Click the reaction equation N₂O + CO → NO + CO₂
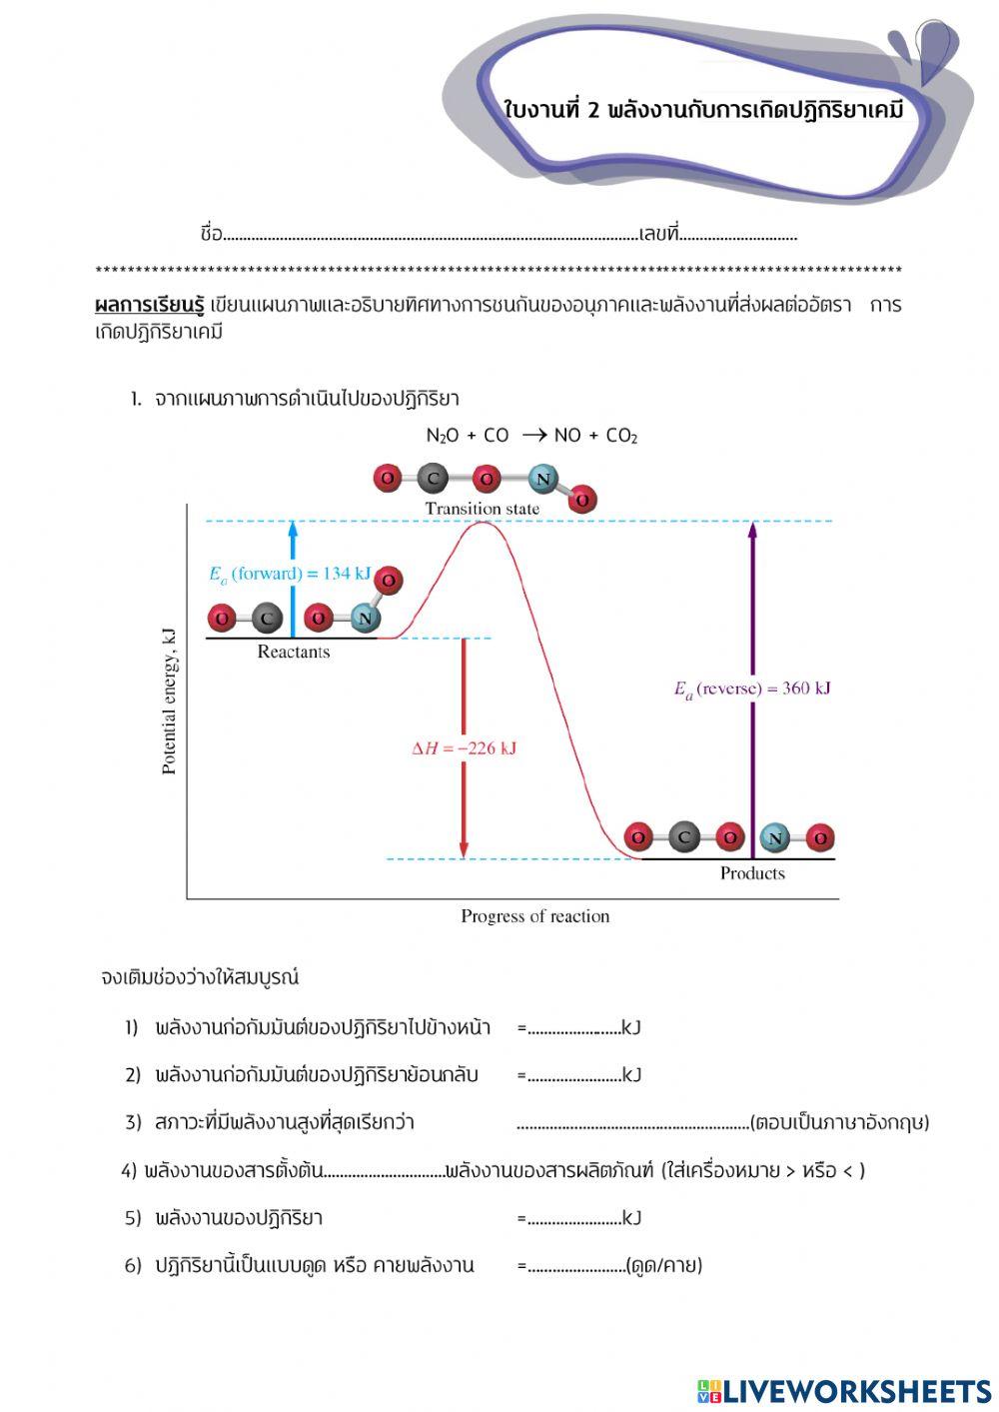[x=531, y=436]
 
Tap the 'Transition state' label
[x=482, y=509]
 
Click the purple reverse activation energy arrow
[x=752, y=690]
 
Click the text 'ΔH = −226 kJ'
[x=464, y=748]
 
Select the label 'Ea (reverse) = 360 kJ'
[x=752, y=689]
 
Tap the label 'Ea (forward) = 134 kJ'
[x=289, y=574]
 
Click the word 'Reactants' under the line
[x=293, y=653]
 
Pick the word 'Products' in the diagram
[x=752, y=873]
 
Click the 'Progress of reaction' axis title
[x=534, y=916]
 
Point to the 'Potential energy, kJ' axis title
[x=169, y=701]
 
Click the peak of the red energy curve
[x=483, y=523]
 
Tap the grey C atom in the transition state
[x=432, y=479]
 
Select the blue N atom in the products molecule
[x=774, y=837]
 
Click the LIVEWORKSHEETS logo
[x=843, y=1391]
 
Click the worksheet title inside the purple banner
[x=703, y=110]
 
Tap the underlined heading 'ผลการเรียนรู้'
[x=149, y=305]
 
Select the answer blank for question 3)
[x=632, y=1124]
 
